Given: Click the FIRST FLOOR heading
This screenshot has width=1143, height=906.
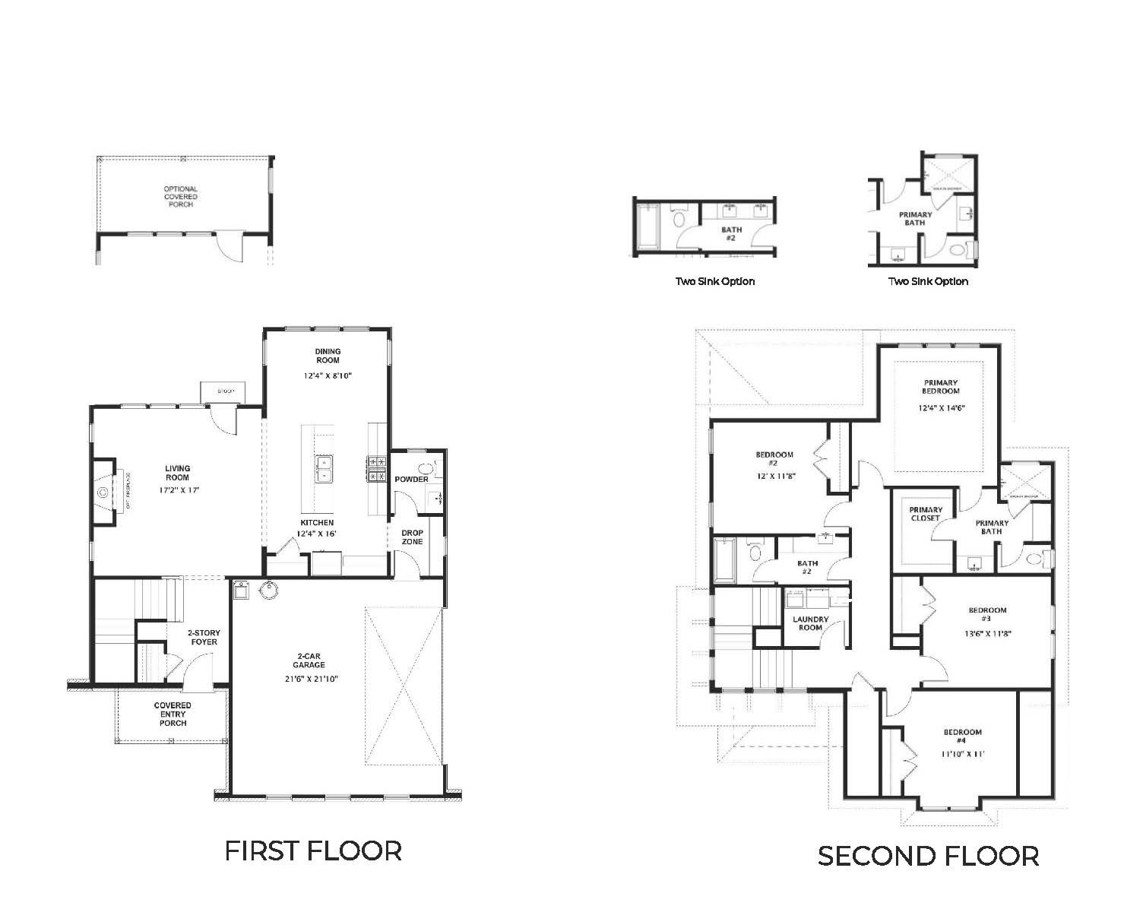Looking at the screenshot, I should (313, 851).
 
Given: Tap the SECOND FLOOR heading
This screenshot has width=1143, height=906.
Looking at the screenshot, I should (928, 856).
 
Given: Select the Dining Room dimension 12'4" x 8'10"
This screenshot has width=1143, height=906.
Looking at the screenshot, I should (328, 375).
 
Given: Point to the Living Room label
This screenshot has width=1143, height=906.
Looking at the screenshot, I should (178, 473).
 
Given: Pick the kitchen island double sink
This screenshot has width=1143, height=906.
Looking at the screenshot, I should (325, 469).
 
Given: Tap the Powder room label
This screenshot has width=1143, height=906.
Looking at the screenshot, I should (411, 480).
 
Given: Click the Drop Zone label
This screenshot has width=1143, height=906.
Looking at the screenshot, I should (412, 537).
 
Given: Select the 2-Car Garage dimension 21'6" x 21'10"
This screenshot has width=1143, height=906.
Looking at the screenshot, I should (309, 678).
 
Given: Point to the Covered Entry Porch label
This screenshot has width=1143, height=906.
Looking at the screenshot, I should (173, 714).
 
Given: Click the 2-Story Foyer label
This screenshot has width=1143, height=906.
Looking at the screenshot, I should (203, 637).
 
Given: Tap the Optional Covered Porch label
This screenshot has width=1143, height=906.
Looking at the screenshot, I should (180, 196).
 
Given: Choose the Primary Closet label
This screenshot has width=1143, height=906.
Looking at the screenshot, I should (926, 514).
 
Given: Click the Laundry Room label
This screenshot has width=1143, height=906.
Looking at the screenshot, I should (810, 623).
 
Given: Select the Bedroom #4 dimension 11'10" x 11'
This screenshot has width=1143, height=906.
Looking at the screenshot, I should (962, 754).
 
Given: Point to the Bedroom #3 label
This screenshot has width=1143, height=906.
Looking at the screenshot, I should (987, 614).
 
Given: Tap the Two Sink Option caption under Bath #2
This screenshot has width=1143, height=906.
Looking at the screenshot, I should (715, 281).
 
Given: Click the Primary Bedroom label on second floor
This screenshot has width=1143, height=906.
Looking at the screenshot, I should (941, 387).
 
